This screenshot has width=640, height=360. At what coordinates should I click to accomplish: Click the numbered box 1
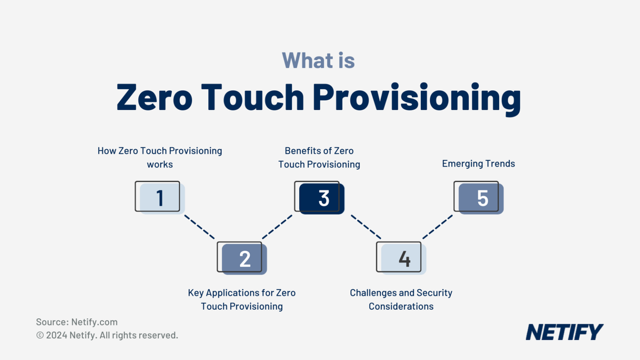[x=159, y=198]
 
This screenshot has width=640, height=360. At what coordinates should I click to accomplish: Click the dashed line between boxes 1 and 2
[x=199, y=226]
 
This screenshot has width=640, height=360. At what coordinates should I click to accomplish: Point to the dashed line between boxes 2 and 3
[x=277, y=227]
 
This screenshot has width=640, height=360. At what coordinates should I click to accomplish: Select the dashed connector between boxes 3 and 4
[x=365, y=227]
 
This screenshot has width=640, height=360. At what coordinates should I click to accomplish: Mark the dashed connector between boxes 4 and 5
[x=438, y=227]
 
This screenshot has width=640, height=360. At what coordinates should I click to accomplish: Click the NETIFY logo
[x=564, y=332]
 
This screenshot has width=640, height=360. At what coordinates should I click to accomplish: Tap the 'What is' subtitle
[x=318, y=60]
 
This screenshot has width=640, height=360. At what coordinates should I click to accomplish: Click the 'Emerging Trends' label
[x=478, y=164]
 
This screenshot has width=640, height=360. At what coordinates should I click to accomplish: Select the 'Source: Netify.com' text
[x=77, y=322]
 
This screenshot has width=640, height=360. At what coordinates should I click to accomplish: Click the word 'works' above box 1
[x=160, y=164]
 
